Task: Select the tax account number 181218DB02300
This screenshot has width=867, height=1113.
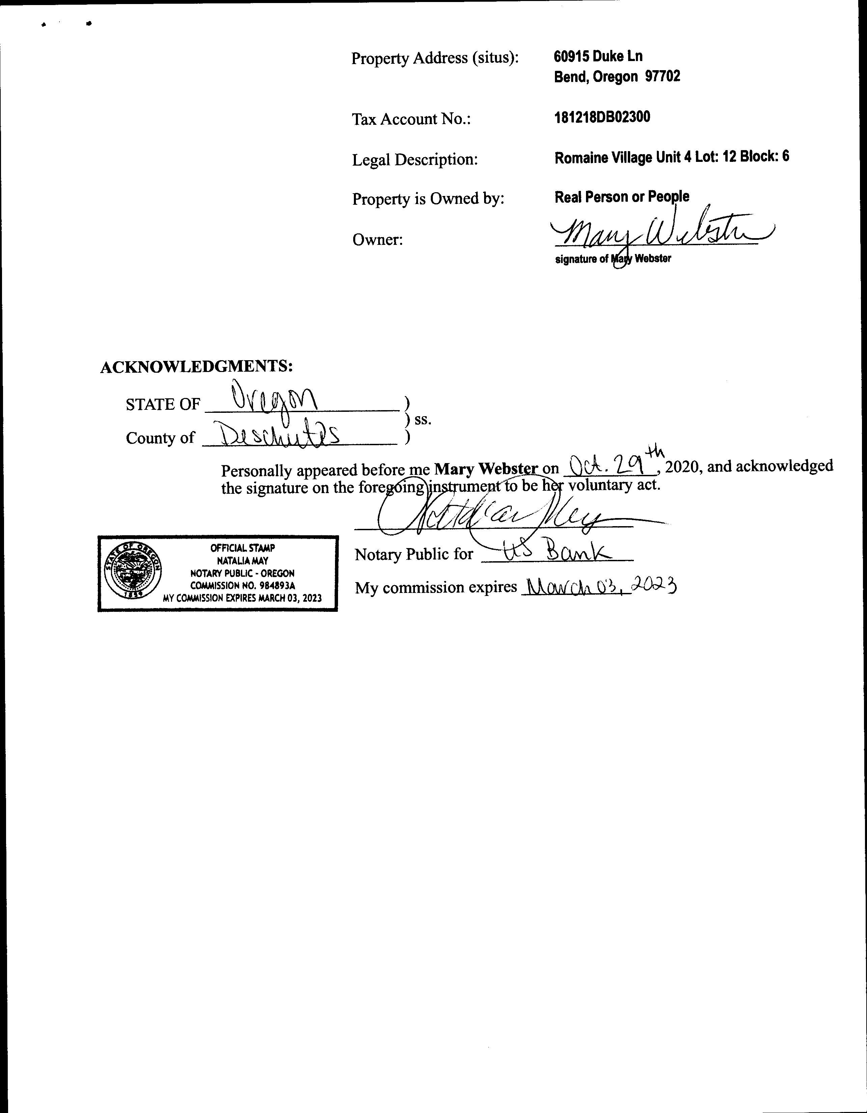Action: click(x=602, y=117)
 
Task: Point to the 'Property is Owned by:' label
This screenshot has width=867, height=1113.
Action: click(x=428, y=198)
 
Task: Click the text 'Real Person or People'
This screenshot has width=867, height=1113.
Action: click(x=621, y=197)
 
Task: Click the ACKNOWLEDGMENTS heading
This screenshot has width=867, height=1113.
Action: click(x=196, y=366)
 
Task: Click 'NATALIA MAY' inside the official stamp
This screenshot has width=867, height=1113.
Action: click(x=243, y=561)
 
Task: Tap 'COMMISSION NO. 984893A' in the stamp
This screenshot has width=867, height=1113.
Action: click(x=243, y=586)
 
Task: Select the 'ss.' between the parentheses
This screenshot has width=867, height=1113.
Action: click(x=423, y=420)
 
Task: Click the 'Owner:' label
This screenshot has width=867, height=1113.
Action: click(x=377, y=239)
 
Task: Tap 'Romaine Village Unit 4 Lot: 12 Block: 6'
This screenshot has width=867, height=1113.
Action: click(x=671, y=157)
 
